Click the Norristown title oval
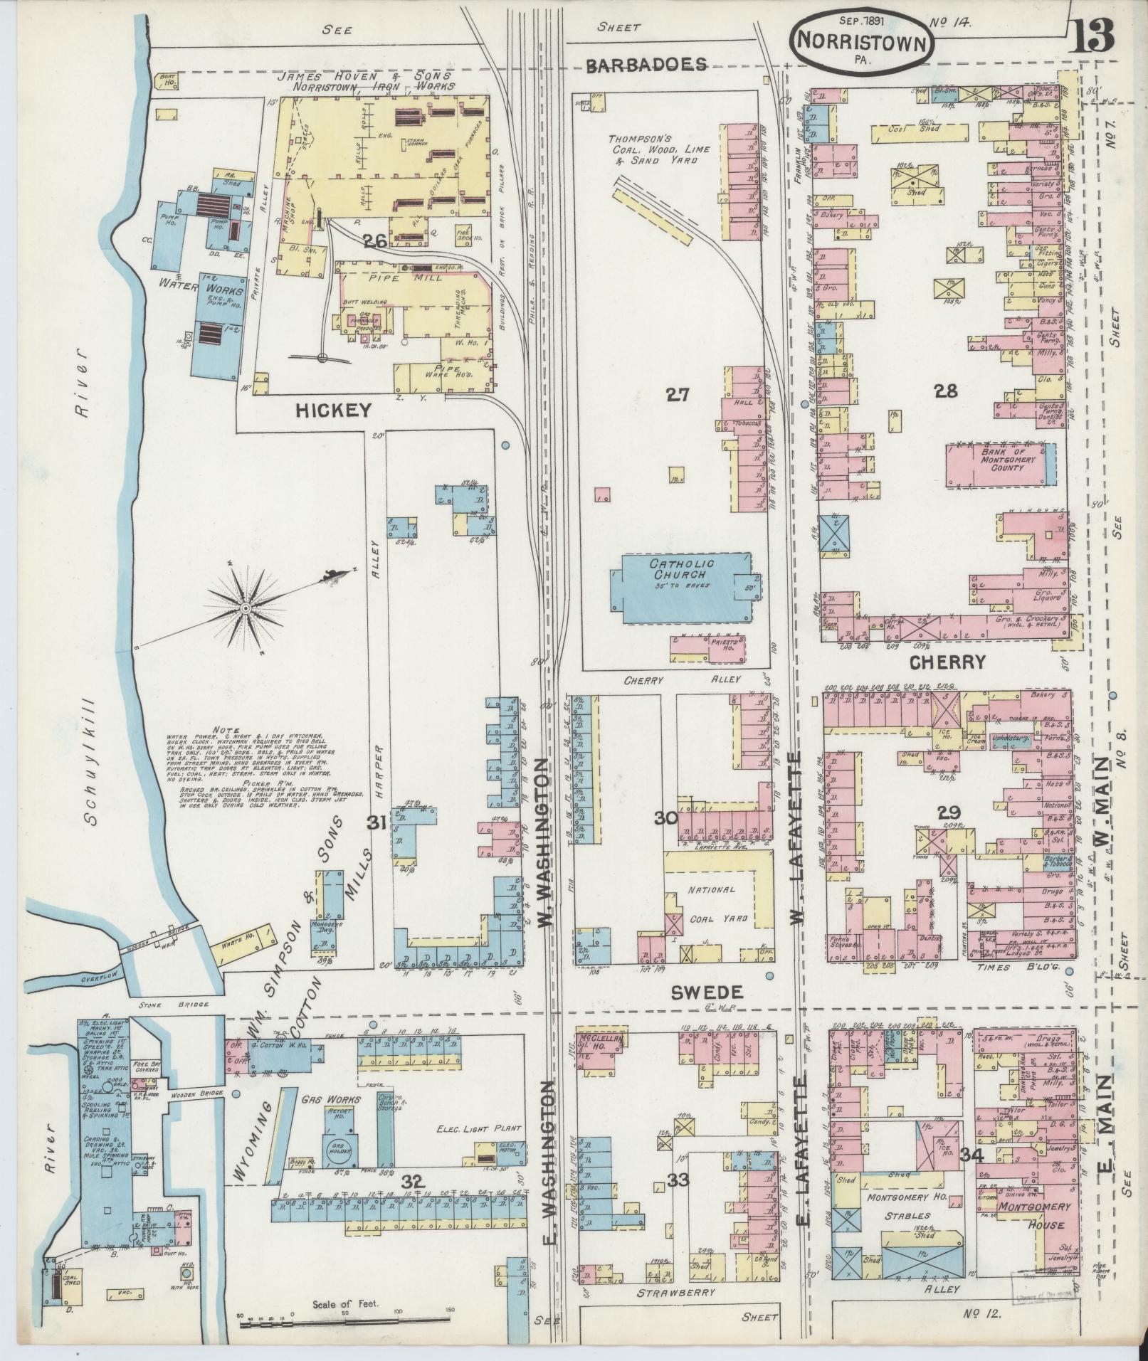point(863,41)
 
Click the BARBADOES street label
point(646,65)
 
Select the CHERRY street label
point(947,662)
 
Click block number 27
point(678,393)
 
